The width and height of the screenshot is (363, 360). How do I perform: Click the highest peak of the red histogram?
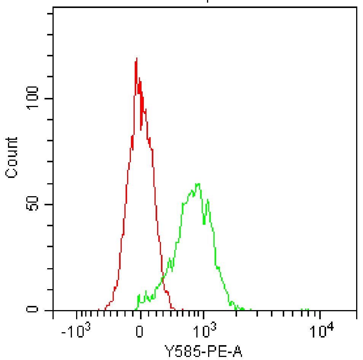[136, 58]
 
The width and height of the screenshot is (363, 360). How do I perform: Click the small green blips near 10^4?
[304, 309]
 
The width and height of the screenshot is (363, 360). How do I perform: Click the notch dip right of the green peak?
[204, 223]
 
